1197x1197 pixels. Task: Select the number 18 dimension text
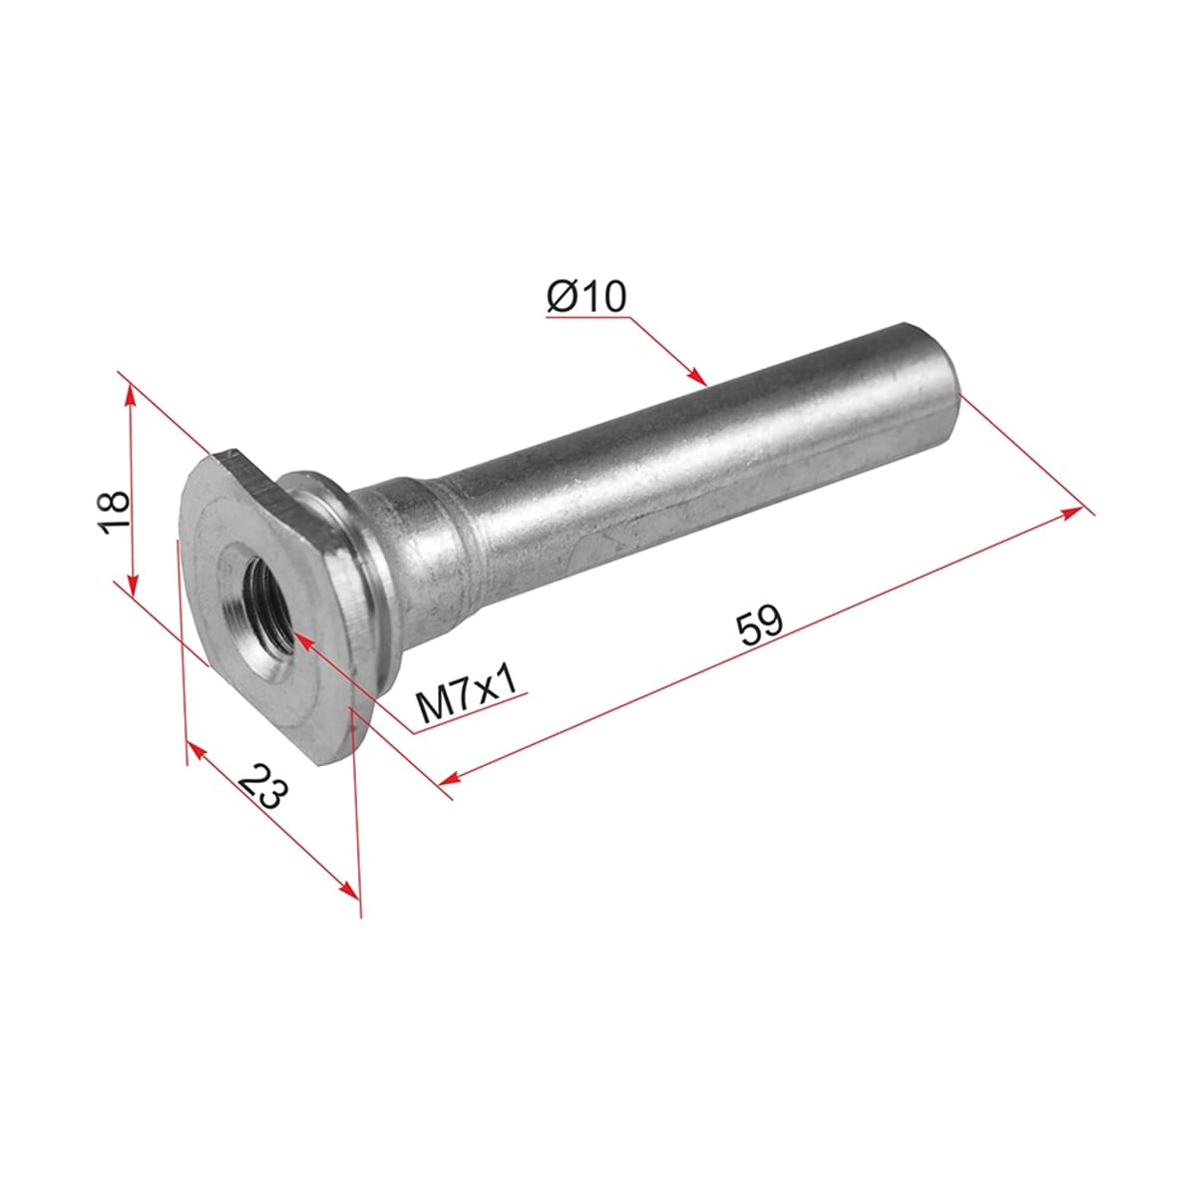point(115,513)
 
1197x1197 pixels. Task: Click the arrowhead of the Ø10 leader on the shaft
point(699,376)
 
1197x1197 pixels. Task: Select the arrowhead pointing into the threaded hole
point(303,640)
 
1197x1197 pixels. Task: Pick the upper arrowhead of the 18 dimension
point(130,393)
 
